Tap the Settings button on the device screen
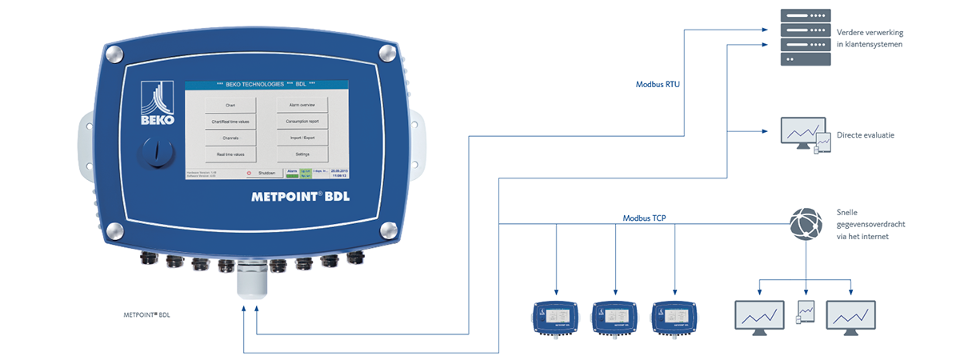click(x=302, y=153)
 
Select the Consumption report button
click(x=302, y=121)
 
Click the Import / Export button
click(x=302, y=137)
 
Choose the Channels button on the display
click(x=230, y=138)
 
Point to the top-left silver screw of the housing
click(x=114, y=54)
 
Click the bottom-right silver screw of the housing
click(x=388, y=230)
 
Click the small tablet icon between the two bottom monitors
click(x=806, y=310)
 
